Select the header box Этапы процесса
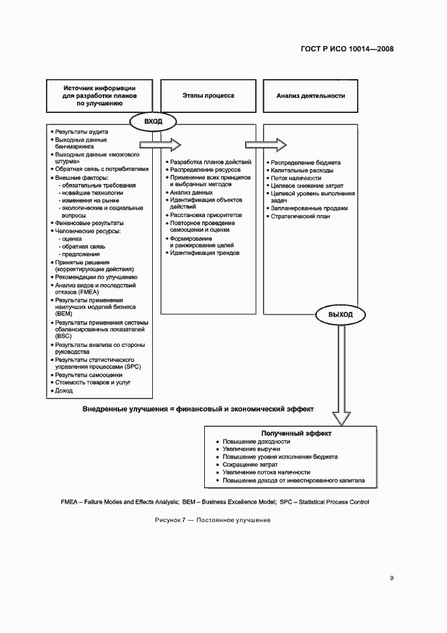pyautogui.click(x=208, y=96)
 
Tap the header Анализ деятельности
pyautogui.click(x=310, y=96)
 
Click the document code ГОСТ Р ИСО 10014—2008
pyautogui.click(x=347, y=49)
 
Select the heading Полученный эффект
pyautogui.click(x=291, y=433)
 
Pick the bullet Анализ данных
pyautogui.click(x=192, y=192)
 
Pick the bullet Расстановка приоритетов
pyautogui.click(x=206, y=214)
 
